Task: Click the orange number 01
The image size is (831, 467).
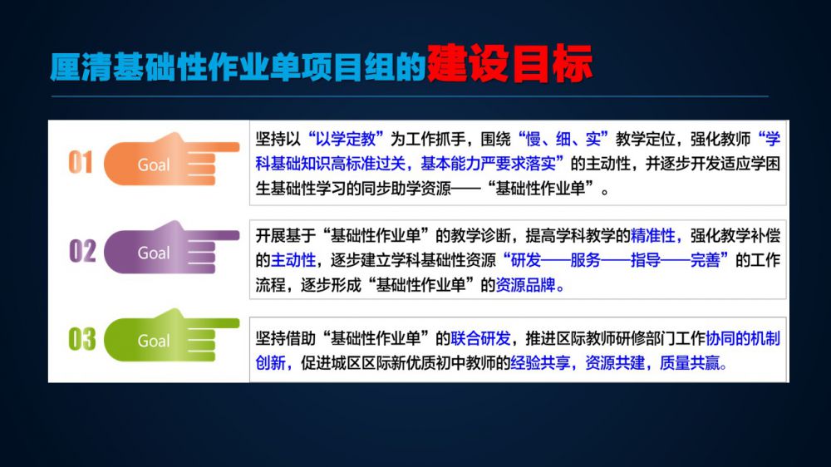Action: click(81, 162)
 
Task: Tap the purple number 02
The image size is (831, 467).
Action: click(82, 251)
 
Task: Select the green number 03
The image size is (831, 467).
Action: click(82, 339)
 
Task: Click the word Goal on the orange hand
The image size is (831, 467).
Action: click(154, 165)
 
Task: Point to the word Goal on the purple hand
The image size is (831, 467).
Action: click(154, 253)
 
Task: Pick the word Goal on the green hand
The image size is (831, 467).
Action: click(154, 341)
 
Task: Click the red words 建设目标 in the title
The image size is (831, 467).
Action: click(509, 64)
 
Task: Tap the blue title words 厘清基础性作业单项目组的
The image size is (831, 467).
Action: click(238, 66)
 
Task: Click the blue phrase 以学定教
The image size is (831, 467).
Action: click(346, 140)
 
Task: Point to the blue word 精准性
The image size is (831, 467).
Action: click(652, 235)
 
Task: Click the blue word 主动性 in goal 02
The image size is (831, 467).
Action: click(293, 260)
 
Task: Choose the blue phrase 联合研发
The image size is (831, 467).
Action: click(480, 338)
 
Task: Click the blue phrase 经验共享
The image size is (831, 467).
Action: click(541, 363)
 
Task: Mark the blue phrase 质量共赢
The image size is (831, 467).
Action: click(690, 363)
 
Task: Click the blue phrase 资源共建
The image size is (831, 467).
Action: click(615, 363)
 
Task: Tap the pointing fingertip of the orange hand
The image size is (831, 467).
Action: click(237, 147)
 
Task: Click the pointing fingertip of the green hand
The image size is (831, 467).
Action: click(237, 322)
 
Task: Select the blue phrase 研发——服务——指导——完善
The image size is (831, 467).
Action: click(615, 260)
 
